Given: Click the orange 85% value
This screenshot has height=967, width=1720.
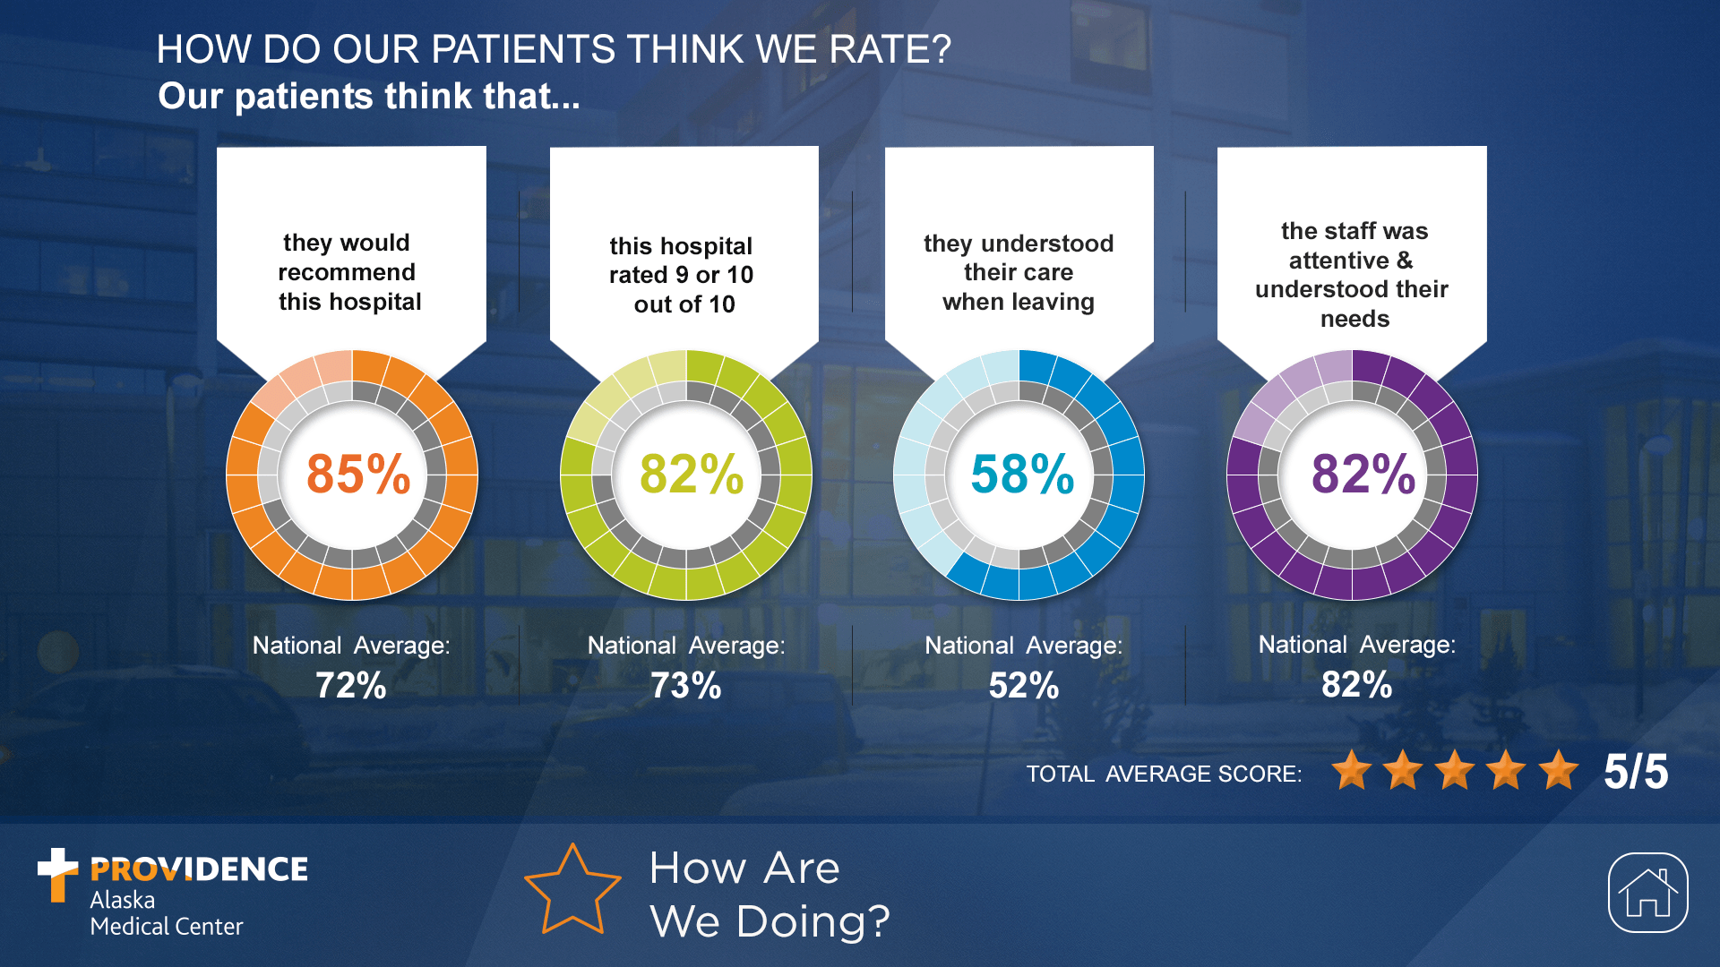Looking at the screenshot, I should [357, 474].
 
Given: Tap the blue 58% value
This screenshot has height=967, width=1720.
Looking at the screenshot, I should [1022, 474].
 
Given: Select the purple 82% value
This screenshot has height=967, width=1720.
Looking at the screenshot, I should [1363, 474].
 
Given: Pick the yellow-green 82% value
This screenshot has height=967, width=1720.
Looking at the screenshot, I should [691, 474].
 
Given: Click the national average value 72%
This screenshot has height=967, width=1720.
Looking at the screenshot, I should [350, 686].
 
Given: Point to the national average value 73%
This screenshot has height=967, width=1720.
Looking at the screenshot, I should [685, 686].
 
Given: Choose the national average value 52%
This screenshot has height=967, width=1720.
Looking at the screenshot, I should [1023, 686].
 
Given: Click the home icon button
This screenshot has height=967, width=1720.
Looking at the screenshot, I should [1647, 893].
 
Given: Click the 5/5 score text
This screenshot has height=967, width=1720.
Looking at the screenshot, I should [1635, 772].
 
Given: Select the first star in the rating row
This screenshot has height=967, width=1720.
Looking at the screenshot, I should [1351, 770].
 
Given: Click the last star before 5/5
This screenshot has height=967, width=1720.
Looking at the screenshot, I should [1559, 770].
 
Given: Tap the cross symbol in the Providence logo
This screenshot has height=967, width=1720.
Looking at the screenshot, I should [57, 873].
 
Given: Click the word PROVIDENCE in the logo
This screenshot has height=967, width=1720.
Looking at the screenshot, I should [199, 869].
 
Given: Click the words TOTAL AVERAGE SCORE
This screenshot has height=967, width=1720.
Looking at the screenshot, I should [1164, 774].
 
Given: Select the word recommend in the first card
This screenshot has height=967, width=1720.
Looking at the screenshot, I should [347, 272].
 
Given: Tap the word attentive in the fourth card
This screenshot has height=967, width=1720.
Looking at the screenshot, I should [1338, 261].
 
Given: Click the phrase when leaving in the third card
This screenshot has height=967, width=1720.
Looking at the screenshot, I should [1018, 302].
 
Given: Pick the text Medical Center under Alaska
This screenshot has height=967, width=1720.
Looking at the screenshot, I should [167, 927].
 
